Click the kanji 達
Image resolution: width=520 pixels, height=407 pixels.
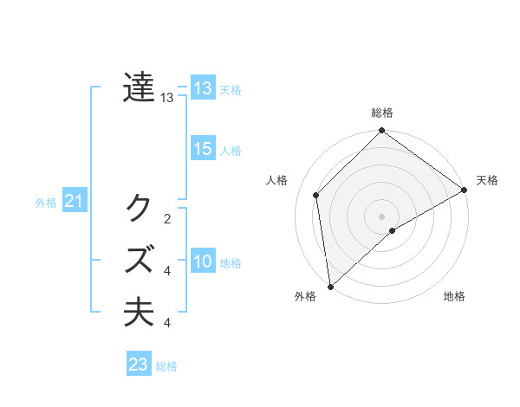point(139,87)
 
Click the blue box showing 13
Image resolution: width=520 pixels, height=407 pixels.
point(203,87)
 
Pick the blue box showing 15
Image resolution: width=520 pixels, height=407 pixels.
point(203,149)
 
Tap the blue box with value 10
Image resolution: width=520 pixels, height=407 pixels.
point(203,262)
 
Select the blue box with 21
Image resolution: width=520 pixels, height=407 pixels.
point(74,202)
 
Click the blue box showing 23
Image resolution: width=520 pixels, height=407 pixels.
point(139,365)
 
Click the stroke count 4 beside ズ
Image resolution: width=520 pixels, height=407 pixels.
point(167,271)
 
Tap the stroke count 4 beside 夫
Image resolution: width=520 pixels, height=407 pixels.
point(167,323)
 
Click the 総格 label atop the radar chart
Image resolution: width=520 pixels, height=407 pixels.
point(382,113)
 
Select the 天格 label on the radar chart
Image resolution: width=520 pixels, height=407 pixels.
point(487,180)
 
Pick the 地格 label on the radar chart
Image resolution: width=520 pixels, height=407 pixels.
point(454,296)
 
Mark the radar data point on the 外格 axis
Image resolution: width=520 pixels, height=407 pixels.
point(329,287)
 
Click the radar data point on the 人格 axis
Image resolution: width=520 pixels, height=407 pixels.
point(316,195)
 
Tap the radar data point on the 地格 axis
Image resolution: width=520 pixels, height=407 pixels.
point(393,230)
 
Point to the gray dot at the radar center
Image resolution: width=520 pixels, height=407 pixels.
point(381,216)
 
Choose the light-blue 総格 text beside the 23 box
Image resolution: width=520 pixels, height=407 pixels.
point(167,366)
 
